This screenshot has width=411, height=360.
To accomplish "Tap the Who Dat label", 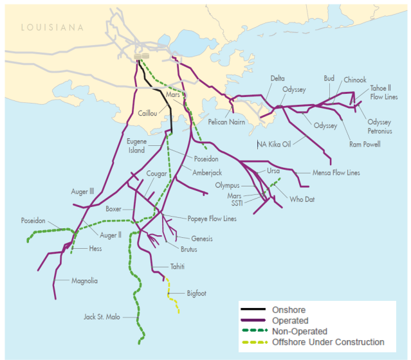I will pyautogui.click(x=302, y=199).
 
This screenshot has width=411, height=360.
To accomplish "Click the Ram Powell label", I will pyautogui.click(x=365, y=144).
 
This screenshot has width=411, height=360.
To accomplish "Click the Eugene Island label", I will pyautogui.click(x=136, y=146).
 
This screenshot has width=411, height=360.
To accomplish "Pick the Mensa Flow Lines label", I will pyautogui.click(x=336, y=173).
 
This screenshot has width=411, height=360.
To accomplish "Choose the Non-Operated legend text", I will pyautogui.click(x=299, y=331).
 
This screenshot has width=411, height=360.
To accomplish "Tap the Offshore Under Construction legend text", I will pyautogui.click(x=328, y=342).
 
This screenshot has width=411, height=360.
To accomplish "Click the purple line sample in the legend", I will pyautogui.click(x=254, y=320).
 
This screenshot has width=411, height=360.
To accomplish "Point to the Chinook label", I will pyautogui.click(x=355, y=80).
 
